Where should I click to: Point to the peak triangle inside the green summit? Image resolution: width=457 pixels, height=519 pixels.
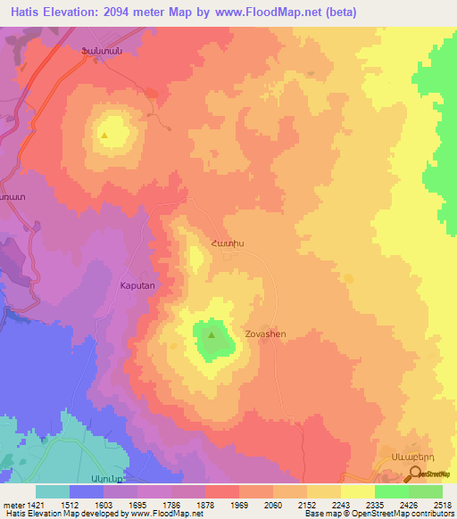coord(212,336)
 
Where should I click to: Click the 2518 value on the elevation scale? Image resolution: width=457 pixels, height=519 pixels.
coord(442,503)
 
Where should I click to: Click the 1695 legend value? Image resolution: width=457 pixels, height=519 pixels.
coord(137,503)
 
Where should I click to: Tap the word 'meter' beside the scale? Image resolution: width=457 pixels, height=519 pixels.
coord(12,503)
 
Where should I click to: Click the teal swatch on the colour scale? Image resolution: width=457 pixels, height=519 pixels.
coord(53,490)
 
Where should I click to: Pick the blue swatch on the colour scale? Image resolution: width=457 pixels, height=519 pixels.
coord(87,490)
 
